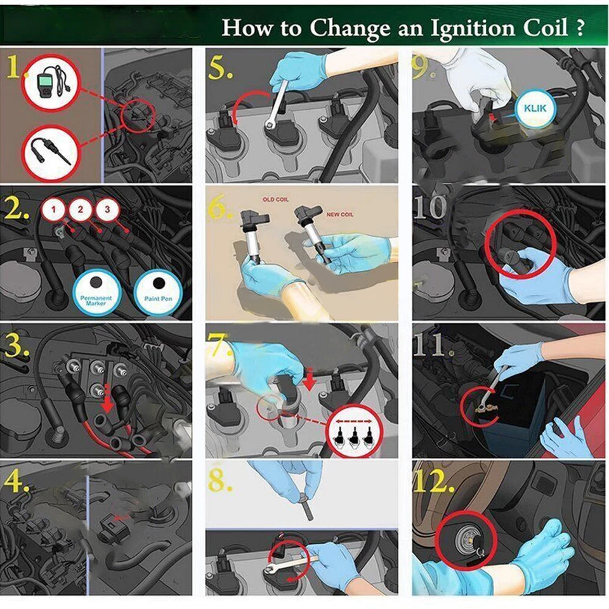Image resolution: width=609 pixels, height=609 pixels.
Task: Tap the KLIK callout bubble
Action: pyautogui.click(x=535, y=108)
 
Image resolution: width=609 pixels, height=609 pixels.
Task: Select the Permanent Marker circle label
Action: pyautogui.click(x=96, y=292)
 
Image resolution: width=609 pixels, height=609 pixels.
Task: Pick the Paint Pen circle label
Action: pyautogui.click(x=158, y=291)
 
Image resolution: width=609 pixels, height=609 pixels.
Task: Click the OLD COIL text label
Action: pyautogui.click(x=275, y=199)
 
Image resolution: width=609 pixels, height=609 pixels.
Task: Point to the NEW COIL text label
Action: pyautogui.click(x=339, y=214)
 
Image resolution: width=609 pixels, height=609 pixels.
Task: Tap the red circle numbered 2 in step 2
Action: pyautogui.click(x=81, y=210)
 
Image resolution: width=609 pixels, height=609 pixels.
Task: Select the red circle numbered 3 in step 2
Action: pyautogui.click(x=108, y=210)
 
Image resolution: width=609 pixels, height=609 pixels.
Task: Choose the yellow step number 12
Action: pyautogui.click(x=434, y=483)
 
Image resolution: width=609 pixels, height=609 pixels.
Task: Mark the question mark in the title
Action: pyautogui.click(x=579, y=29)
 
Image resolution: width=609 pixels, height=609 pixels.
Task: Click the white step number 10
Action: pyautogui.click(x=430, y=207)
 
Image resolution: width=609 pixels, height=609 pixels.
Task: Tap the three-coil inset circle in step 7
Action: pyautogui.click(x=355, y=431)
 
